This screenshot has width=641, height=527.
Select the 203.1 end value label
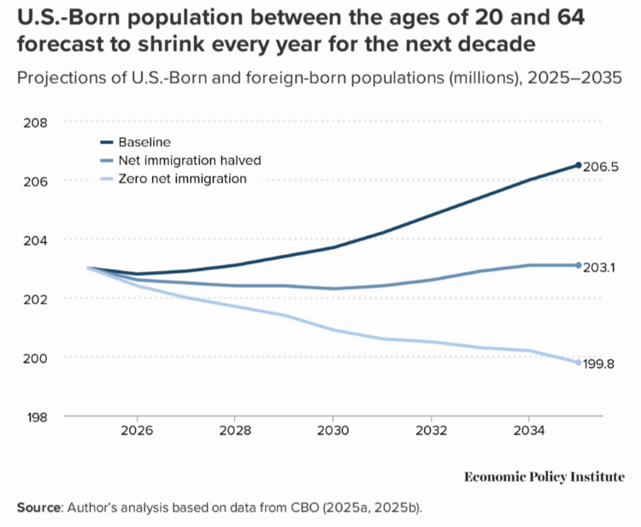coord(600,267)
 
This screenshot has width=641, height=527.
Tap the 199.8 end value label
coord(600,364)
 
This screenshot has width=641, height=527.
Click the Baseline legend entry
coord(145,141)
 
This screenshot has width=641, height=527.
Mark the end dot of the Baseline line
coord(578,165)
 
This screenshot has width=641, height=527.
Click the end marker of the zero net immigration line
coord(578,363)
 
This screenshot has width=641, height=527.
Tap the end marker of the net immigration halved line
coord(578,265)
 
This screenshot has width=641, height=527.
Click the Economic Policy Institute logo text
coord(544,477)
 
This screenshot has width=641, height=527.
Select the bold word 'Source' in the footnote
coord(38,506)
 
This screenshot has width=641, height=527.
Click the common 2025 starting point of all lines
coord(89,268)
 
